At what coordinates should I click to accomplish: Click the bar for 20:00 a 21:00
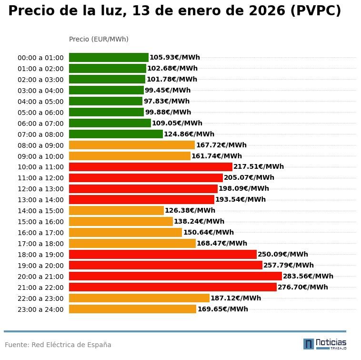(x=175, y=276)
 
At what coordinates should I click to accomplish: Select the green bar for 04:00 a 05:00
(x=106, y=101)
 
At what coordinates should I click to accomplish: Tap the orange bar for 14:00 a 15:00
(x=116, y=210)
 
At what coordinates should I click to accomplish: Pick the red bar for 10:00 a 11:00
(x=150, y=167)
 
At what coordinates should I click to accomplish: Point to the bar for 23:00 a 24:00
(x=132, y=309)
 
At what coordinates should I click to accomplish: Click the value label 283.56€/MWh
(x=308, y=276)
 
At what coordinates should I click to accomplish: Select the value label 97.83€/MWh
(x=167, y=101)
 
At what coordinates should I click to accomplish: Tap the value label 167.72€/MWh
(x=221, y=145)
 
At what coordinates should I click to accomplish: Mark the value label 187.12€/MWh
(x=236, y=298)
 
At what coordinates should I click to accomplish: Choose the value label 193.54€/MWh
(x=241, y=199)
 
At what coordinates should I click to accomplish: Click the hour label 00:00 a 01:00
(x=40, y=58)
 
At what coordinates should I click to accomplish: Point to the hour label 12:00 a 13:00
(x=40, y=189)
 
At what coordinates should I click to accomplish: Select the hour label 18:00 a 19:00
(x=40, y=255)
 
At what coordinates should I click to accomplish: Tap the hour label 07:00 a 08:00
(x=40, y=134)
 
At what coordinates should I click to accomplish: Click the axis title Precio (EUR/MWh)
(x=99, y=39)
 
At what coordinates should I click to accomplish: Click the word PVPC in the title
(x=315, y=11)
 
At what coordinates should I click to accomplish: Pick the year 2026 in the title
(x=261, y=11)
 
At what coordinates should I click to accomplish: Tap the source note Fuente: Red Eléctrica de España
(x=58, y=345)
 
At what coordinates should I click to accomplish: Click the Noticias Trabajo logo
(x=325, y=344)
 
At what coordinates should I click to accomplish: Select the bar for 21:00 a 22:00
(x=173, y=287)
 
